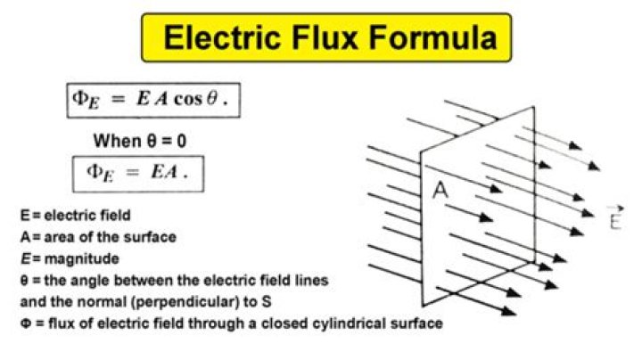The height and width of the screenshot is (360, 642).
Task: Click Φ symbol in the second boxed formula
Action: point(95,173)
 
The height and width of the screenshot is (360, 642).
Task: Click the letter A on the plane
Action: point(440,190)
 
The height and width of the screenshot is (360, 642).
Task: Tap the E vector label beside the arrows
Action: point(614,218)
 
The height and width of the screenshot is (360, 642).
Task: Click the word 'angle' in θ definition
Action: point(83,280)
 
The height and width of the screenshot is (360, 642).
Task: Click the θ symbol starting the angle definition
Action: point(23,280)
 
